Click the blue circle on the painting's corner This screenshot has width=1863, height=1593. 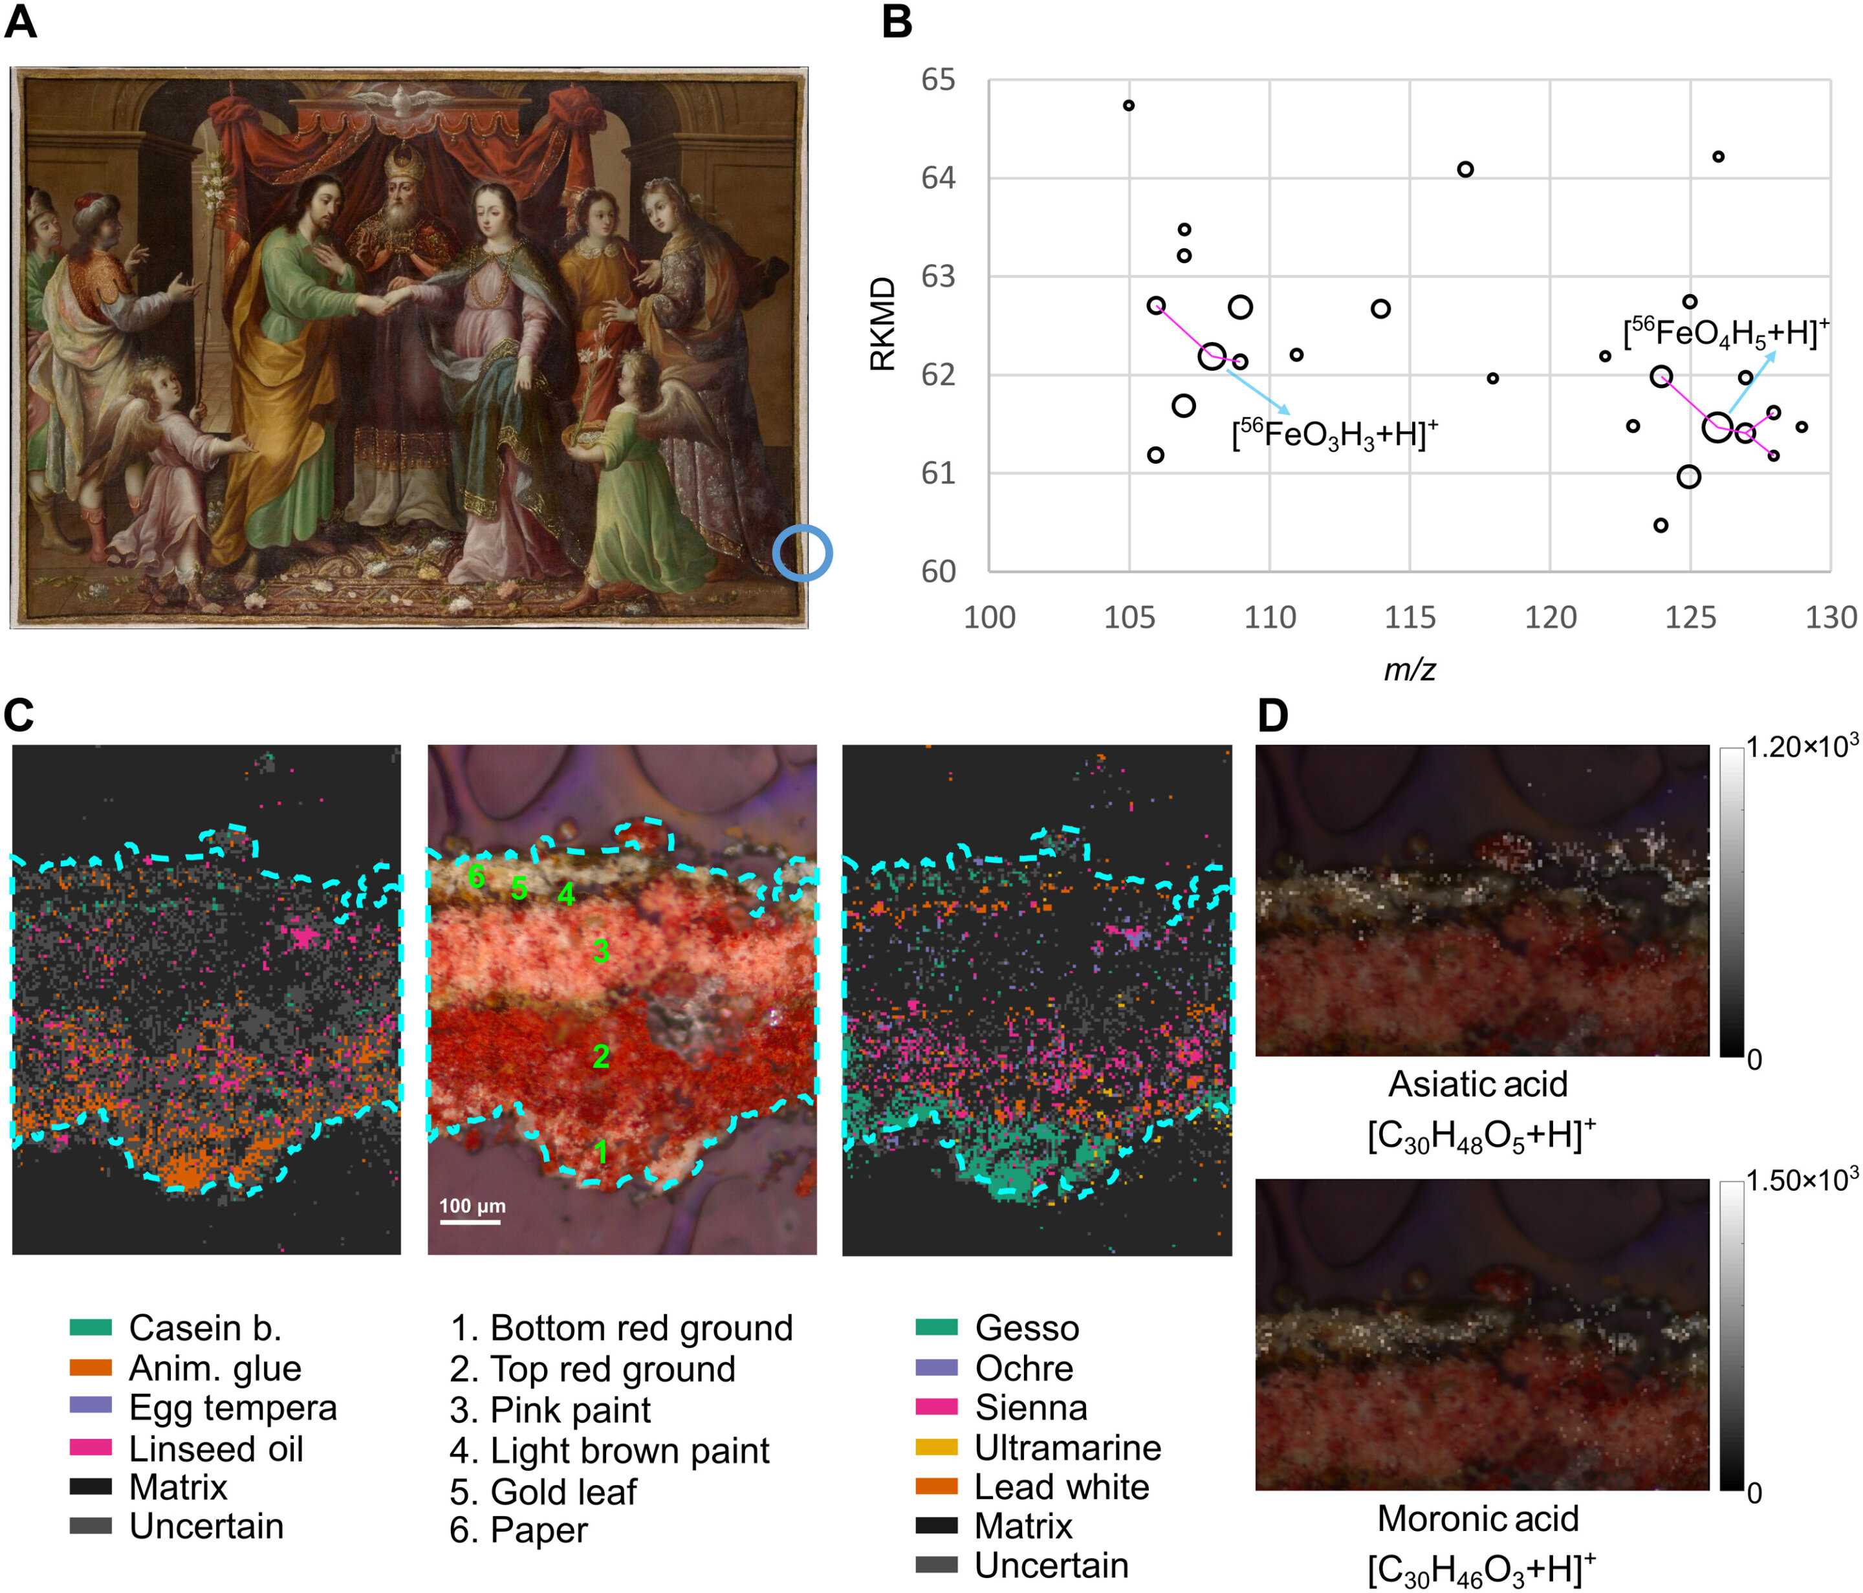tap(802, 553)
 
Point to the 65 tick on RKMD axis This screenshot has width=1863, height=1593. tap(938, 80)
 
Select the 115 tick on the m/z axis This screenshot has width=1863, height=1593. tap(1409, 618)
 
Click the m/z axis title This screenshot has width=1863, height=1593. tap(1409, 669)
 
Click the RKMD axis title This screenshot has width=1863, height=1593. tap(883, 323)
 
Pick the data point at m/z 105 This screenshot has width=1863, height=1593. tap(1128, 106)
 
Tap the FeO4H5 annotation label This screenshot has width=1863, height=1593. tap(1725, 332)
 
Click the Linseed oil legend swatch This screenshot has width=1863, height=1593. tap(91, 1447)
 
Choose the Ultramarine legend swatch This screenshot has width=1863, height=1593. tap(936, 1447)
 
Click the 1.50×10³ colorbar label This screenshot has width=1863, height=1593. tap(1801, 1181)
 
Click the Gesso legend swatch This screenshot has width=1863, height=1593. tap(936, 1327)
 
